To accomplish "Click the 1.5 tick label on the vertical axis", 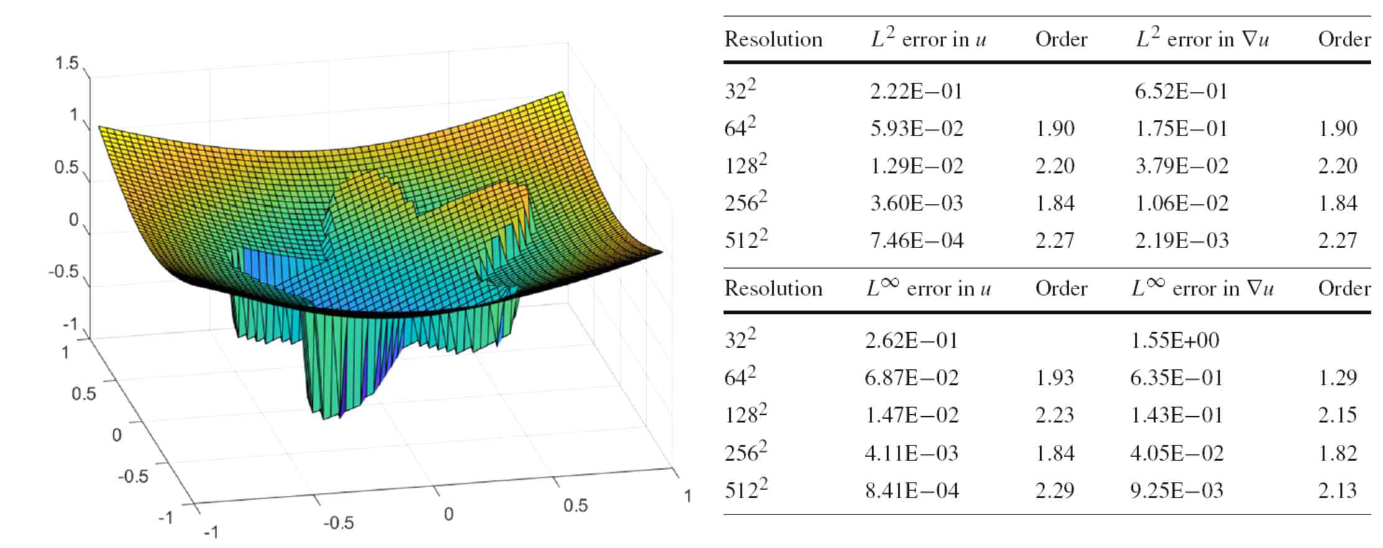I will click(x=67, y=64).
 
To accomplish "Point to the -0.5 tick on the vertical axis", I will click(x=63, y=272).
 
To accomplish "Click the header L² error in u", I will click(x=928, y=39).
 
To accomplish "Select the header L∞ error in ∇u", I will click(x=1202, y=288).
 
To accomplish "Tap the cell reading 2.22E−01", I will click(x=916, y=91).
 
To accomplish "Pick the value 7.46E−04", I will click(x=916, y=241).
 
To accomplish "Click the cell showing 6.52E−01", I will click(x=1181, y=91).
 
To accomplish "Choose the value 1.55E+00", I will click(x=1175, y=340).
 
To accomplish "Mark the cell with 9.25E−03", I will click(x=1176, y=490).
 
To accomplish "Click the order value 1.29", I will click(x=1337, y=378).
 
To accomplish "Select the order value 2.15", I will click(x=1337, y=415).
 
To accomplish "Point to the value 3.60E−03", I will click(x=916, y=203).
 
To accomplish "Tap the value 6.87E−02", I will click(x=911, y=378).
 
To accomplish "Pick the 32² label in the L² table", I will click(x=740, y=91).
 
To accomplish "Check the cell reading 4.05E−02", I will click(x=1176, y=453).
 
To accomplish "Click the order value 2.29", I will click(x=1055, y=490).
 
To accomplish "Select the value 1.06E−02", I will click(x=1181, y=203).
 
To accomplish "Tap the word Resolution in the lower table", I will click(x=773, y=289).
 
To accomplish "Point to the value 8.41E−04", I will click(x=911, y=490).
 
